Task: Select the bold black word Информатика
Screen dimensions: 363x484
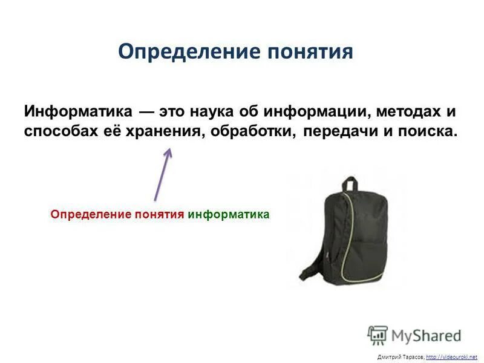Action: tap(78, 112)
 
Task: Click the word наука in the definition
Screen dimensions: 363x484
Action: tap(215, 112)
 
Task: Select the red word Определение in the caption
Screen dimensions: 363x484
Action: tap(85, 214)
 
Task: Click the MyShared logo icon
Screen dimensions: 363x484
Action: tap(378, 335)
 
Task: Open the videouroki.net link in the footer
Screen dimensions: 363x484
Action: tap(451, 357)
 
